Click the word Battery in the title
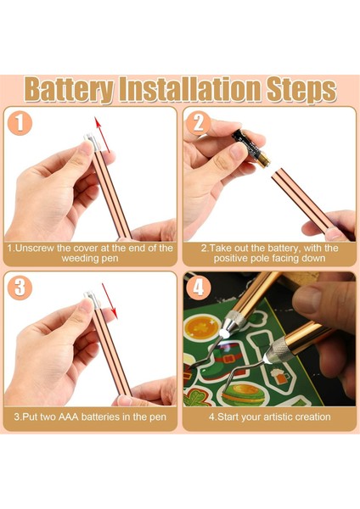69,90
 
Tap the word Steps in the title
301,90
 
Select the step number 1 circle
20,124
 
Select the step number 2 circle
198,123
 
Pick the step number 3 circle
20,288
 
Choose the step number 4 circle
199,287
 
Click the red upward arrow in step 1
102,134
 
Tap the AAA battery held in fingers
251,148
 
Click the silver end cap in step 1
92,142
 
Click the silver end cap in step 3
92,299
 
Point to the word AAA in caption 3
68,417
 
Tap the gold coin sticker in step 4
201,327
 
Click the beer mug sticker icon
281,375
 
